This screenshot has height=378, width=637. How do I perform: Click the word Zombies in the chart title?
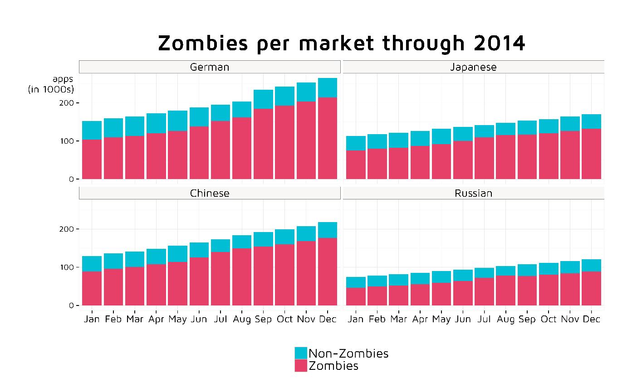tap(203, 44)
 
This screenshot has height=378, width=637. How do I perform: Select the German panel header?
tap(210, 67)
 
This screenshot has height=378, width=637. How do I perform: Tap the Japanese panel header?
tap(474, 67)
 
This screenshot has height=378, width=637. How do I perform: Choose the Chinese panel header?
tap(210, 193)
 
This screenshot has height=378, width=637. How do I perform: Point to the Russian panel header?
tap(474, 193)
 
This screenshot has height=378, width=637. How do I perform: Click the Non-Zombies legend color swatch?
tap(301, 353)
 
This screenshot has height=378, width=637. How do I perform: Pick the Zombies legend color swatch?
tap(301, 365)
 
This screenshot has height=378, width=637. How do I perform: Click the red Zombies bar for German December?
tap(328, 138)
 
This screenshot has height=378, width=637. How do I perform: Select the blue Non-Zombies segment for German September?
tap(263, 99)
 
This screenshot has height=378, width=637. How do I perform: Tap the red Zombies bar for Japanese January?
tap(356, 165)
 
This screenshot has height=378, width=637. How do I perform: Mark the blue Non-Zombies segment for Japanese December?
tap(592, 121)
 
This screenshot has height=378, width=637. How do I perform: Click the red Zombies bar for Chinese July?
tap(220, 279)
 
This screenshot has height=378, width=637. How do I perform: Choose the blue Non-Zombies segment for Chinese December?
tap(328, 230)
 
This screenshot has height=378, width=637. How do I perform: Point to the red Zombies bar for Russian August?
tap(505, 291)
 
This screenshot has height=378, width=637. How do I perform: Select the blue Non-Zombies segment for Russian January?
tap(356, 282)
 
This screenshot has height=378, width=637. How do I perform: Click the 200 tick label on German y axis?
tap(67, 103)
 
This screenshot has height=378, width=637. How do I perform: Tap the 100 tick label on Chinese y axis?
tap(67, 267)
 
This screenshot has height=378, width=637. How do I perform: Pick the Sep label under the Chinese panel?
tap(263, 319)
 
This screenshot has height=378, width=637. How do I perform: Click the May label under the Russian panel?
tap(441, 319)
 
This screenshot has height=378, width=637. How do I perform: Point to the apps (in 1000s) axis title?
tap(51, 84)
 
